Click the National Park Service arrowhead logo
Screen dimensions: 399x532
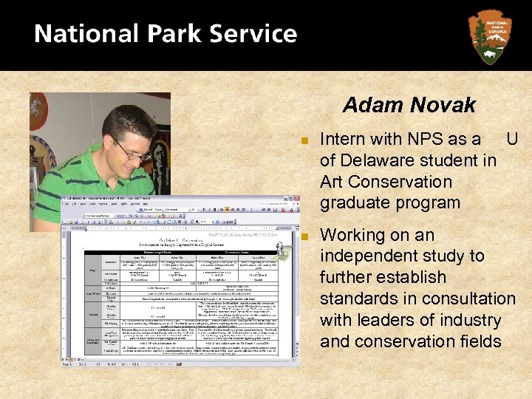[x=489, y=35]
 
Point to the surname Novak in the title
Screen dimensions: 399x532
[x=444, y=106]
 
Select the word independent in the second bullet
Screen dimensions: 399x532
[x=366, y=256]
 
